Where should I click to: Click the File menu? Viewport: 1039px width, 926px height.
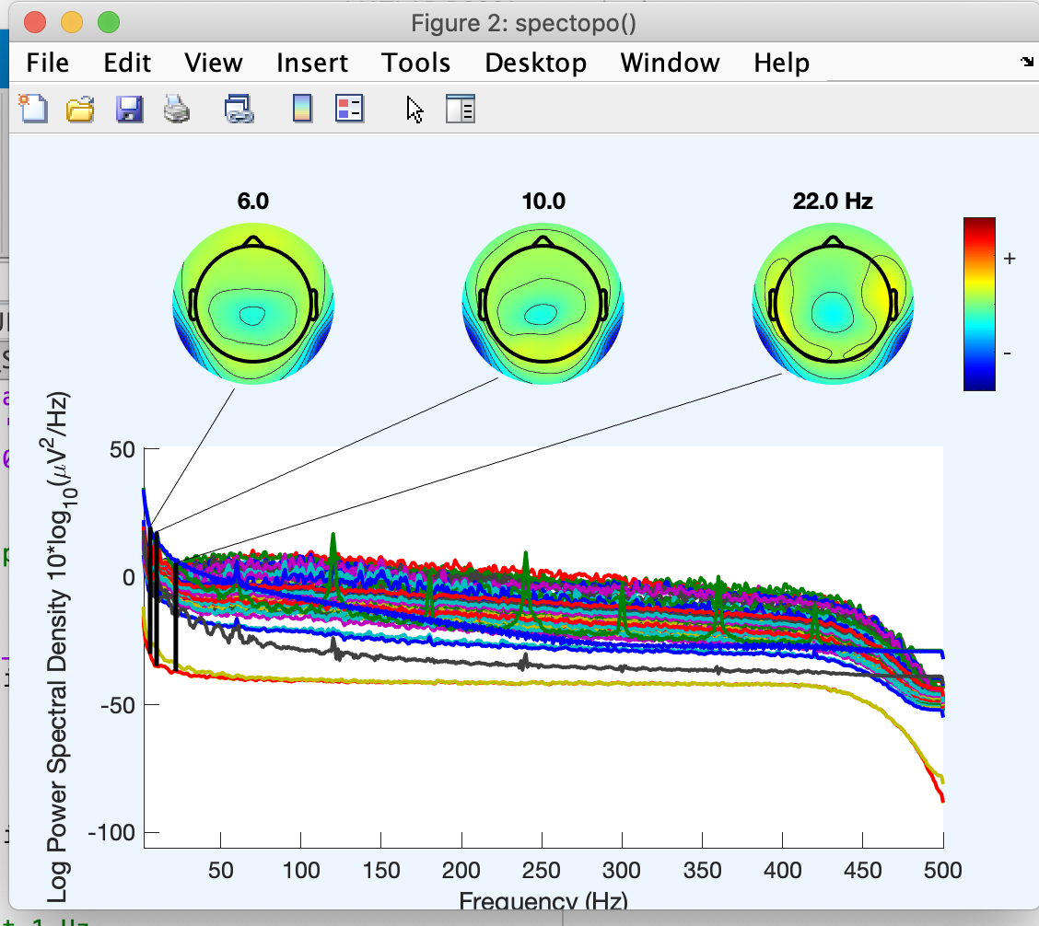click(48, 64)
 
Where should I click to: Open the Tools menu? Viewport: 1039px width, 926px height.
click(416, 64)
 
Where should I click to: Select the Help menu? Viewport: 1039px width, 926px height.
click(781, 64)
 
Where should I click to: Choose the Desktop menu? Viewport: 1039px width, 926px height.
click(535, 64)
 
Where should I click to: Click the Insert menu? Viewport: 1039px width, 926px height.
click(312, 64)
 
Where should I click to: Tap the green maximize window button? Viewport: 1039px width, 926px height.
click(108, 22)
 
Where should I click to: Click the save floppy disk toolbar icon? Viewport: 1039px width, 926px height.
click(128, 110)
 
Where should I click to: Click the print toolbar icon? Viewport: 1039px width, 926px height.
click(177, 110)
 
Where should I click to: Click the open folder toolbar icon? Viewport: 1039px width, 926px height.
click(81, 110)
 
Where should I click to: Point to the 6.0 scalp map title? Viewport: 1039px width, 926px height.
click(253, 203)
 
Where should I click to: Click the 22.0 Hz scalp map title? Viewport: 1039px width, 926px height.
click(833, 203)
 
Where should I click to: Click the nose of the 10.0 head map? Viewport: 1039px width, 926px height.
click(543, 242)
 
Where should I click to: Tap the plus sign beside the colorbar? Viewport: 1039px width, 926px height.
click(1010, 260)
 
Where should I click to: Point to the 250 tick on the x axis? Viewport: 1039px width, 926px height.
click(542, 869)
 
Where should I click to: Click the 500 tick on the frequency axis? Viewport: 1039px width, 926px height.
click(943, 869)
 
